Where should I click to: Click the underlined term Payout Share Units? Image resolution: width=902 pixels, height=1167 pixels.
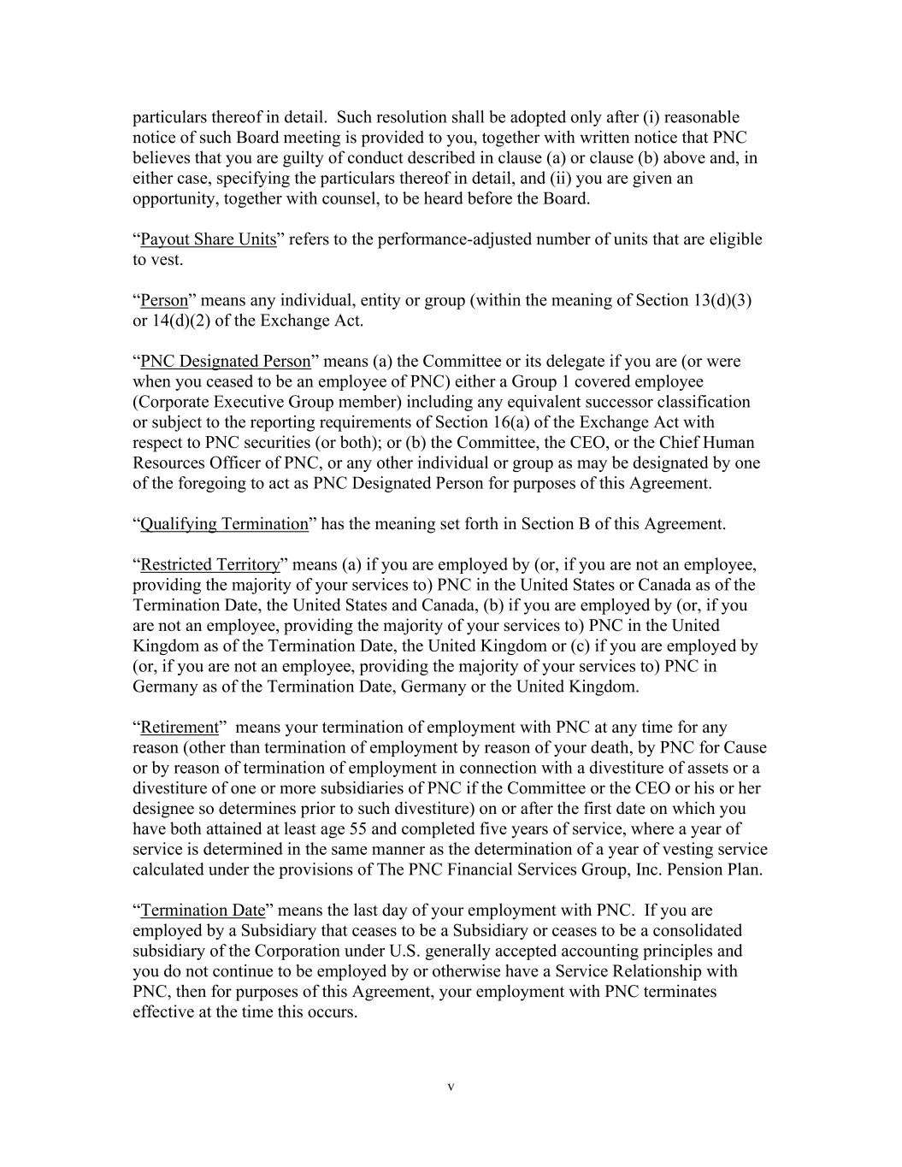tap(208, 239)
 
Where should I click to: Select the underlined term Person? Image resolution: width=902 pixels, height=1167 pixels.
tap(163, 300)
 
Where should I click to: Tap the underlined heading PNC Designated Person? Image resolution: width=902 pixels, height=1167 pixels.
tap(225, 362)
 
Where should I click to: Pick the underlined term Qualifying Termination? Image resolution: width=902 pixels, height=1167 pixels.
tap(223, 524)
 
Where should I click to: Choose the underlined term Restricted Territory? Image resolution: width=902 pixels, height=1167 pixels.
tap(209, 565)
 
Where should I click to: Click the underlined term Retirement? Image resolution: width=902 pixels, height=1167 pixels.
tap(180, 728)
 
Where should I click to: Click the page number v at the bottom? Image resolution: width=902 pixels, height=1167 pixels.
tap(451, 1087)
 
